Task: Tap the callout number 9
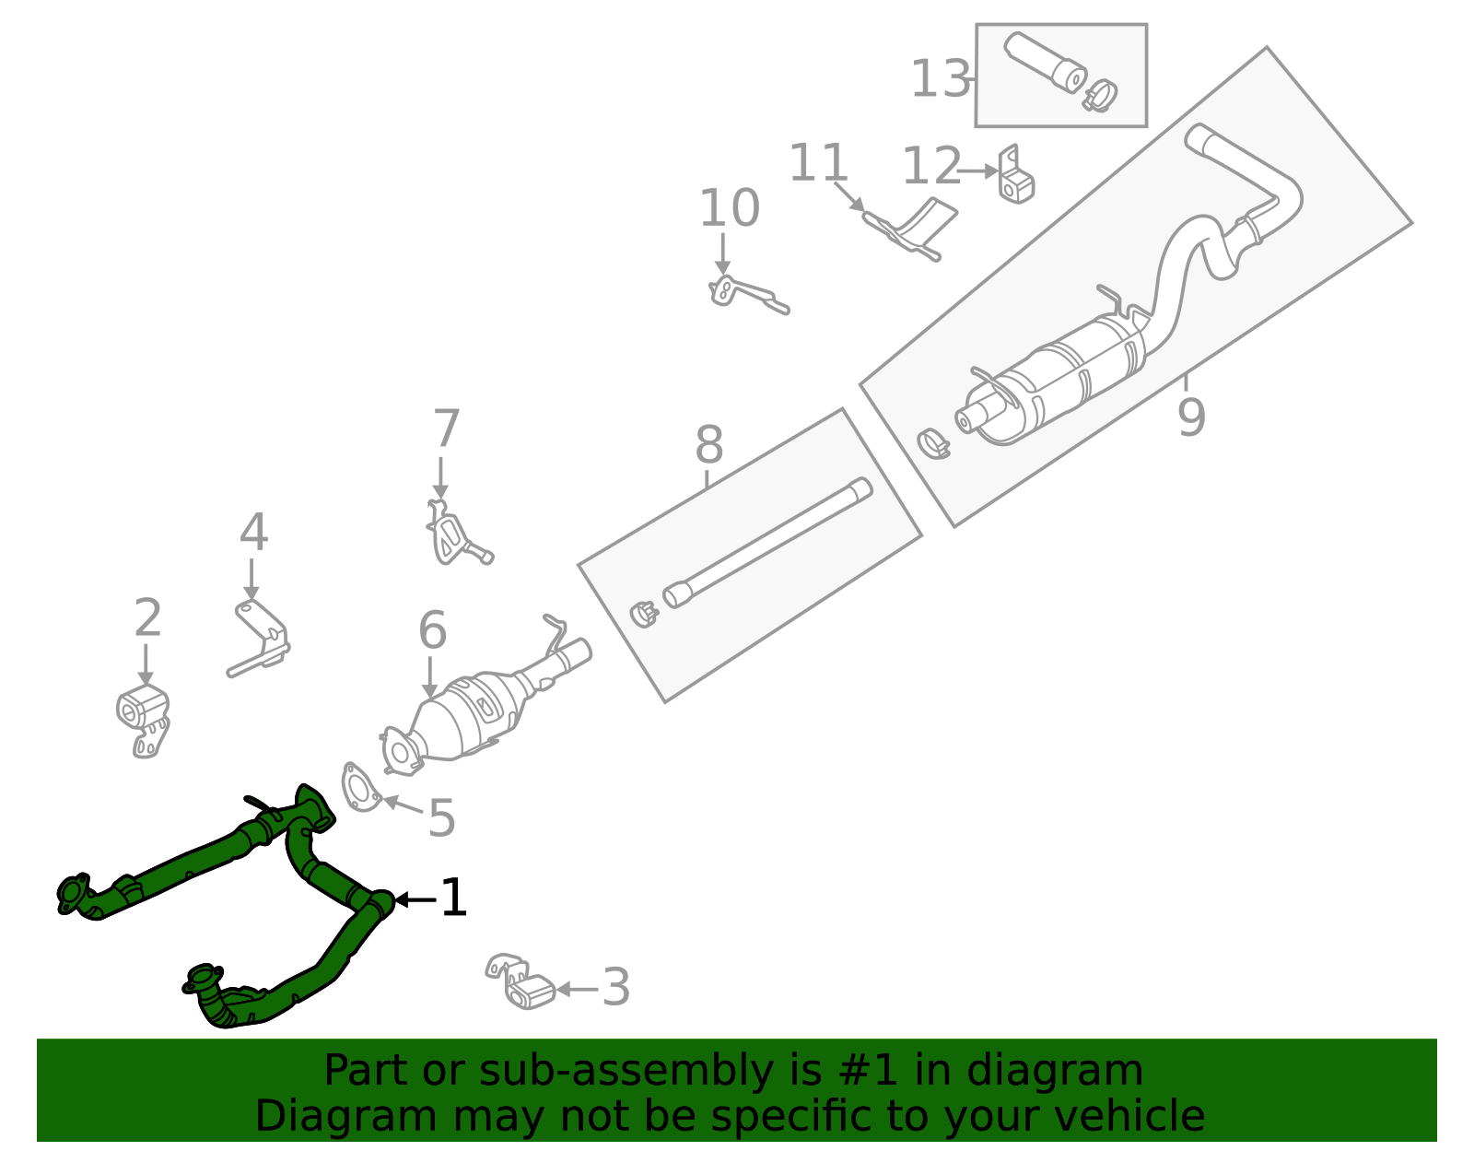click(1190, 417)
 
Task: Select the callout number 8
click(708, 446)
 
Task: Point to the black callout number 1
click(454, 898)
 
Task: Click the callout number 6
click(432, 631)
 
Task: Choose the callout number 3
click(616, 988)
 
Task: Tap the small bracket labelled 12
click(1015, 177)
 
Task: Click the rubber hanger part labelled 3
click(521, 983)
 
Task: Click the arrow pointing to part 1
click(415, 899)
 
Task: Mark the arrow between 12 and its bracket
click(978, 170)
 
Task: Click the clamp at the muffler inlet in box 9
click(934, 444)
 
